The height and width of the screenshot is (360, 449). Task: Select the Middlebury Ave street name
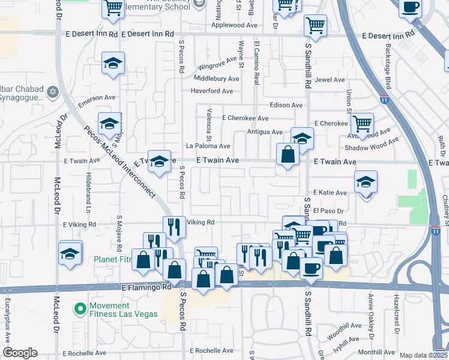point(216,79)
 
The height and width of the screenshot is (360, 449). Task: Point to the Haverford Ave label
point(211,91)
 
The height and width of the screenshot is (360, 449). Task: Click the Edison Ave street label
point(286,105)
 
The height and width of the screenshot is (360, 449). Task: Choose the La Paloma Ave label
point(208,146)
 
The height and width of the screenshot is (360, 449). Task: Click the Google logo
point(20,353)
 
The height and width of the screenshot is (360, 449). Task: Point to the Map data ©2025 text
point(423,355)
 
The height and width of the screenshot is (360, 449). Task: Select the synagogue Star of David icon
point(52,92)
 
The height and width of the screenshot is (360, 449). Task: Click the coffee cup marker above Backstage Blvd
point(411,8)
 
